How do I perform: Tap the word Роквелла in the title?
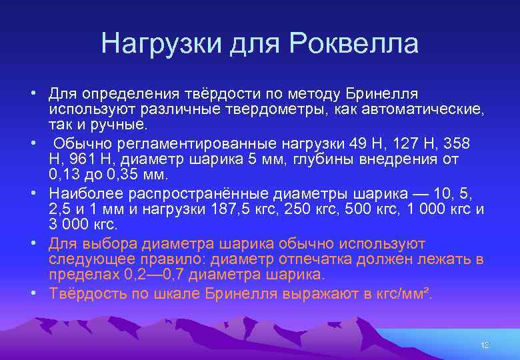point(355,44)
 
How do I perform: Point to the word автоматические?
point(417,109)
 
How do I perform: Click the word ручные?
point(121,125)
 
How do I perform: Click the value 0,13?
point(64,175)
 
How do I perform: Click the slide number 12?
point(485,345)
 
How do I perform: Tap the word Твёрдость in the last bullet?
point(84,294)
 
